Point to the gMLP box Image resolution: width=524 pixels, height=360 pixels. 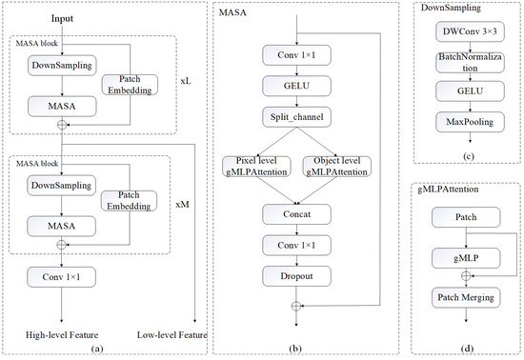point(465,257)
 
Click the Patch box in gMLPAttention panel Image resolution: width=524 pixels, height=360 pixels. point(465,219)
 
